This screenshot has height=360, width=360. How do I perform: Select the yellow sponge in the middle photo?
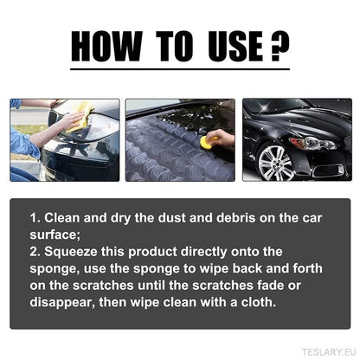208,142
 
